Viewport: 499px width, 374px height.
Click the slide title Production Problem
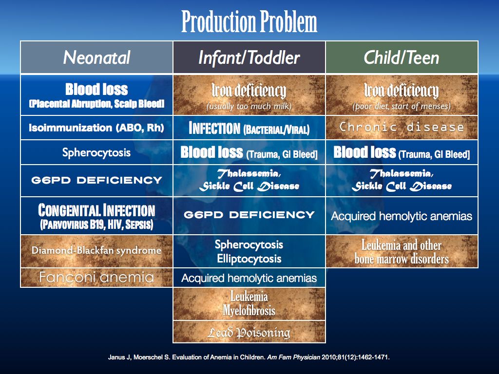click(249, 22)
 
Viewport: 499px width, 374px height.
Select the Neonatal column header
click(96, 57)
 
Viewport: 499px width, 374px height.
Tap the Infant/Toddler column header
click(249, 57)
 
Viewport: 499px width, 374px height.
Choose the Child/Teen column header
click(402, 57)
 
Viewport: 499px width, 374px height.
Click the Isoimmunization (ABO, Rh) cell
click(96, 128)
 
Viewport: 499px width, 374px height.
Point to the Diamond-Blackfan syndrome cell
click(96, 251)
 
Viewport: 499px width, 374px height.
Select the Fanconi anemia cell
click(96, 278)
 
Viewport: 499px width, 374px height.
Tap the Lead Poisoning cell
click(249, 332)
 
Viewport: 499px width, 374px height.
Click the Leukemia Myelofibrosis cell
click(249, 303)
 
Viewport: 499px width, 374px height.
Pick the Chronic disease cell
click(402, 128)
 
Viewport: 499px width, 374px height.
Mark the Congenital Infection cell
click(96, 216)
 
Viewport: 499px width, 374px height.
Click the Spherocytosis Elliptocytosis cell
click(249, 251)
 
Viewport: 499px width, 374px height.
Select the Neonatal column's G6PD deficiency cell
click(96, 180)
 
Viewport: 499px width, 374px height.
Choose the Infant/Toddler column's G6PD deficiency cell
click(249, 215)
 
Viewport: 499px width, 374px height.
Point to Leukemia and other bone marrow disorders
click(402, 252)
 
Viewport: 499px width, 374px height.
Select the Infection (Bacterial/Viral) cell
click(249, 129)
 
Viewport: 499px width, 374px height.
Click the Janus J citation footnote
click(249, 357)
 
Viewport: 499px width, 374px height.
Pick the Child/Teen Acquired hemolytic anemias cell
click(402, 216)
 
